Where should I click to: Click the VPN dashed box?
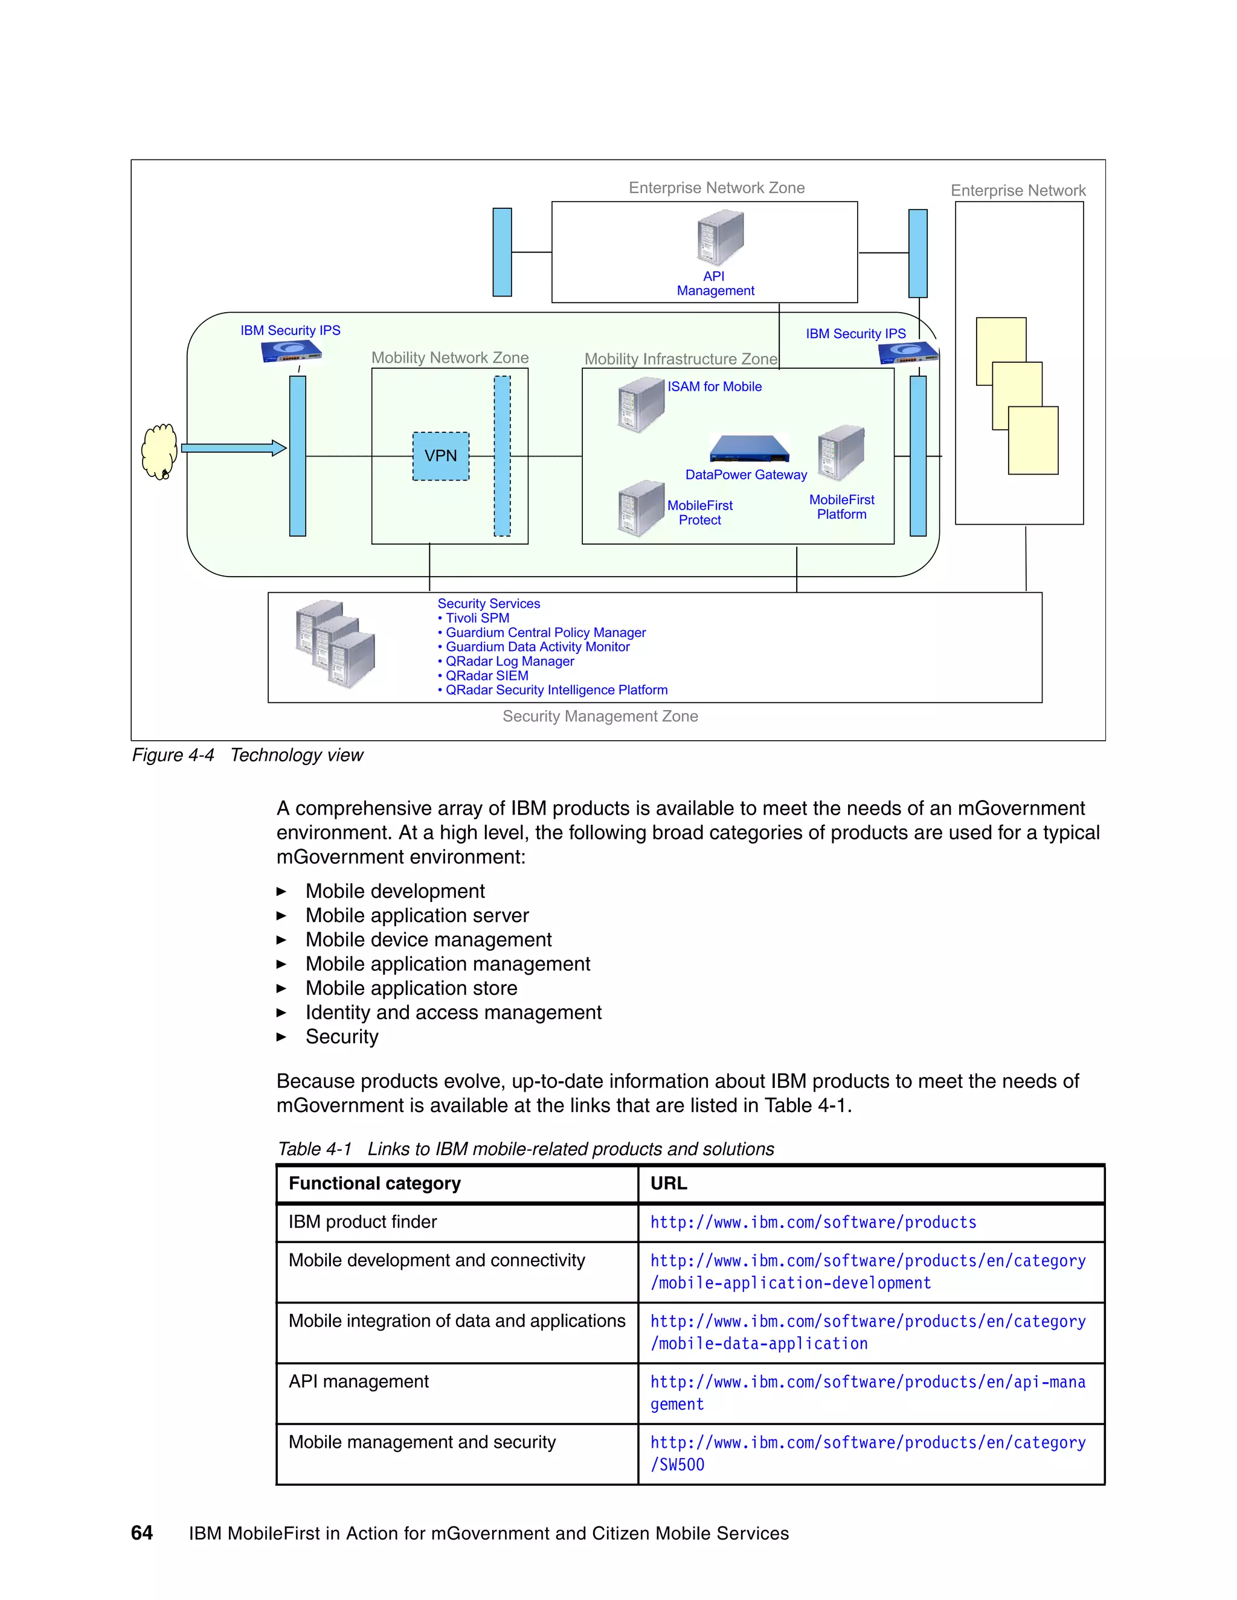pyautogui.click(x=440, y=456)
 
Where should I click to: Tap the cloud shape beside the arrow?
pyautogui.click(x=159, y=451)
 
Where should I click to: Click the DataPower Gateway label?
pyautogui.click(x=745, y=475)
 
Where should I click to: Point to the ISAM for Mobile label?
pyautogui.click(x=714, y=387)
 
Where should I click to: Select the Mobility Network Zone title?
pyautogui.click(x=449, y=357)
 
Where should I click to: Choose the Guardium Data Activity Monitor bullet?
pyautogui.click(x=536, y=647)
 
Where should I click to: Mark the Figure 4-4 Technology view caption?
pyautogui.click(x=247, y=755)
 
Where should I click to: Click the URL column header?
pyautogui.click(x=669, y=1183)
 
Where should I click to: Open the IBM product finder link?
pyautogui.click(x=813, y=1222)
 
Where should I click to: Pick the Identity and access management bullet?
pyautogui.click(x=453, y=1013)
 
